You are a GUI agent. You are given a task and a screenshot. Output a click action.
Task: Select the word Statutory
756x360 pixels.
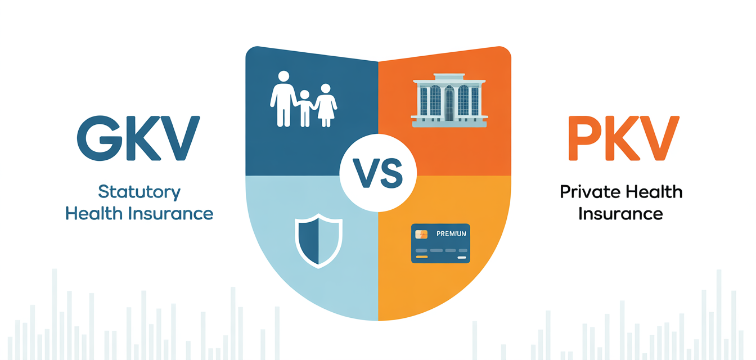click(139, 192)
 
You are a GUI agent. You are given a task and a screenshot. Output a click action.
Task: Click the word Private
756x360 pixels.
click(589, 192)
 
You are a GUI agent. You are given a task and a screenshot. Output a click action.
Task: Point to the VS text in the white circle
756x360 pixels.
click(377, 173)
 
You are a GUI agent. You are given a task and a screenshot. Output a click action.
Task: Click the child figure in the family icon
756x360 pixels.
click(305, 108)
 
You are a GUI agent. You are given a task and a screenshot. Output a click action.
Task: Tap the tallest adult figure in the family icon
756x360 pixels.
click(283, 99)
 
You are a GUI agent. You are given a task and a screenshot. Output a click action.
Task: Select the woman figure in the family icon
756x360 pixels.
click(326, 105)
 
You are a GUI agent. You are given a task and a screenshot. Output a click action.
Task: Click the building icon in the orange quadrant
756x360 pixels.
click(449, 100)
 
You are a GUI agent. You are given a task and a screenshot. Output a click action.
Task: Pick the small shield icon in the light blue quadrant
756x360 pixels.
click(318, 241)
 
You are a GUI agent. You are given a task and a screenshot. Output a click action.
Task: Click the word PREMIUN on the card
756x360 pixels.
click(451, 234)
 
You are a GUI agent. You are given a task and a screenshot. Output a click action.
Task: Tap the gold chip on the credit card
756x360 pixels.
click(421, 234)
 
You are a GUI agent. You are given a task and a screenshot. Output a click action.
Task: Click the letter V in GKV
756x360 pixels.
click(181, 138)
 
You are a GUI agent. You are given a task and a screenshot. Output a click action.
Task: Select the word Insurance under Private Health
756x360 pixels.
click(620, 214)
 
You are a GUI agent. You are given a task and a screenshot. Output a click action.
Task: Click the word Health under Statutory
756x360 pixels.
click(93, 214)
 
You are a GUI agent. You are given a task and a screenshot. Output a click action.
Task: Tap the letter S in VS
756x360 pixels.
click(391, 173)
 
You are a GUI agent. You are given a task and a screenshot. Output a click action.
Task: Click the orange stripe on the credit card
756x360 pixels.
click(421, 257)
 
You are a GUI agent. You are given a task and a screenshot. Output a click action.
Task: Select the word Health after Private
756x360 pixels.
click(652, 192)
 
